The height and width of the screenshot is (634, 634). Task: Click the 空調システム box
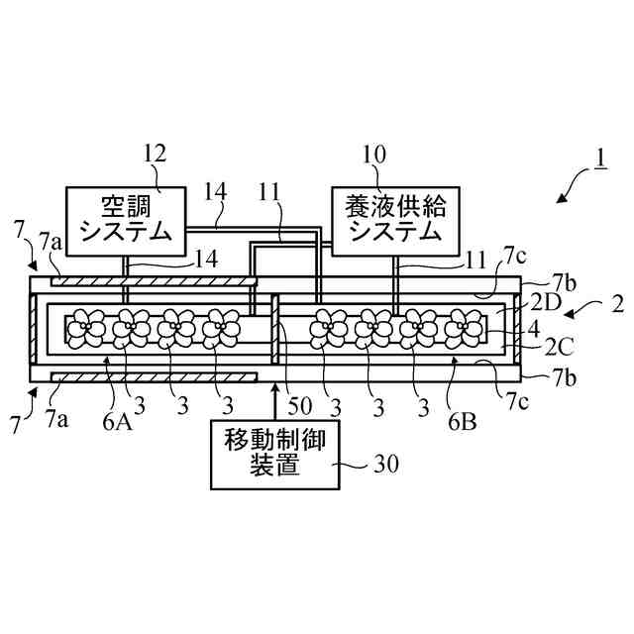(125, 219)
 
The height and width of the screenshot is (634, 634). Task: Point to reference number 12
(154, 154)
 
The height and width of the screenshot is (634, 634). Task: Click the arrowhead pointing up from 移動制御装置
(274, 388)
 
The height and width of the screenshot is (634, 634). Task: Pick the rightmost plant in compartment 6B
(463, 325)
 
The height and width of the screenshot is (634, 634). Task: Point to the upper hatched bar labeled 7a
(149, 282)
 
